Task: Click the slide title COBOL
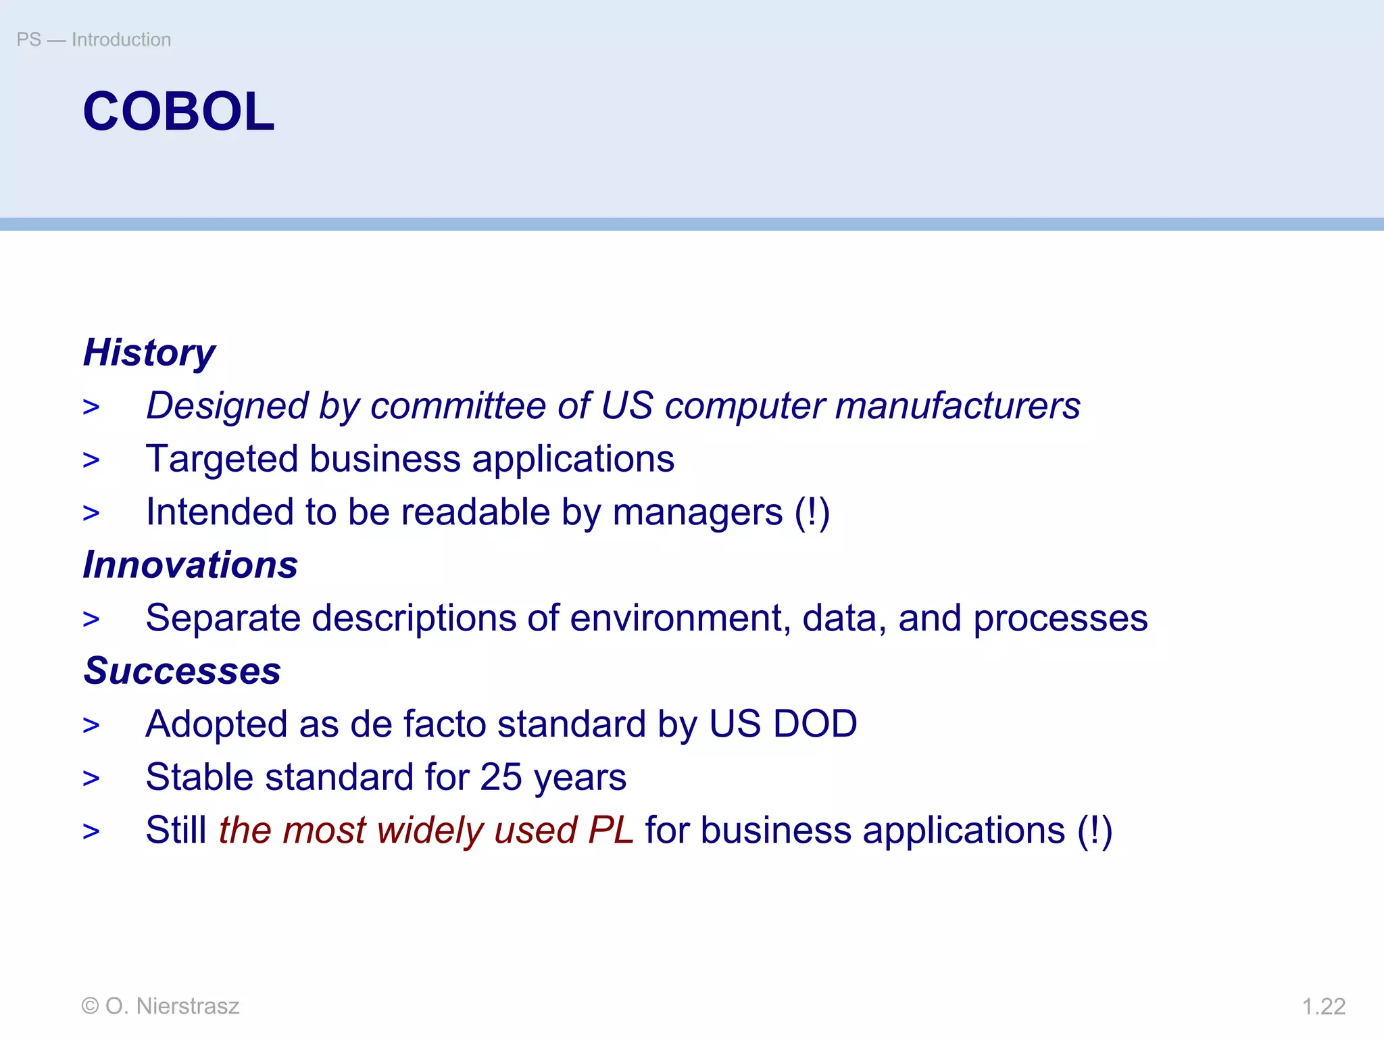click(x=178, y=112)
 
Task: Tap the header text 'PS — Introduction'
click(x=93, y=40)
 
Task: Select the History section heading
click(x=149, y=353)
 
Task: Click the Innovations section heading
click(x=190, y=565)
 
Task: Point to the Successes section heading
click(x=182, y=671)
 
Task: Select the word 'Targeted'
click(x=222, y=459)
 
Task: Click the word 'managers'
click(x=697, y=512)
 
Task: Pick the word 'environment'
click(x=680, y=618)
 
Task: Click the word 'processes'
click(x=1060, y=618)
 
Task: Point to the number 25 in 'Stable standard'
click(x=501, y=777)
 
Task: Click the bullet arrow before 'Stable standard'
click(x=91, y=778)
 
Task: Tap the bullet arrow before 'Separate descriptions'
click(x=91, y=619)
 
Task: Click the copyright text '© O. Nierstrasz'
click(x=160, y=1006)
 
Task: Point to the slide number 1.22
click(x=1323, y=1007)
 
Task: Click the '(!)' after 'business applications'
click(x=1094, y=831)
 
